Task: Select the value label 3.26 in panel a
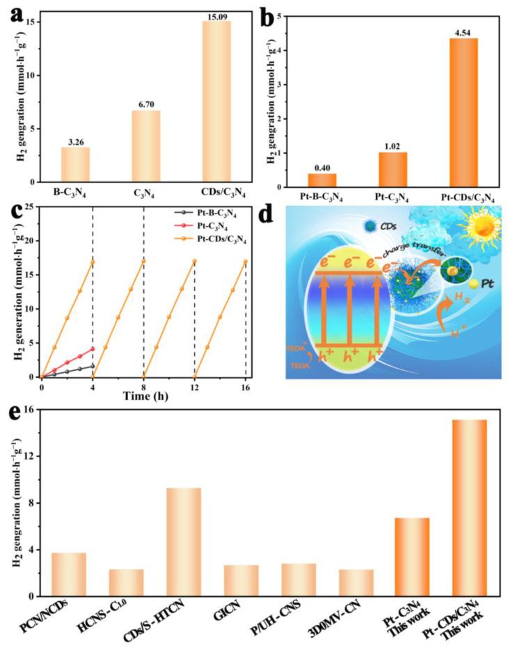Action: pyautogui.click(x=75, y=141)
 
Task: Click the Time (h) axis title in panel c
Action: pyautogui.click(x=143, y=398)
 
